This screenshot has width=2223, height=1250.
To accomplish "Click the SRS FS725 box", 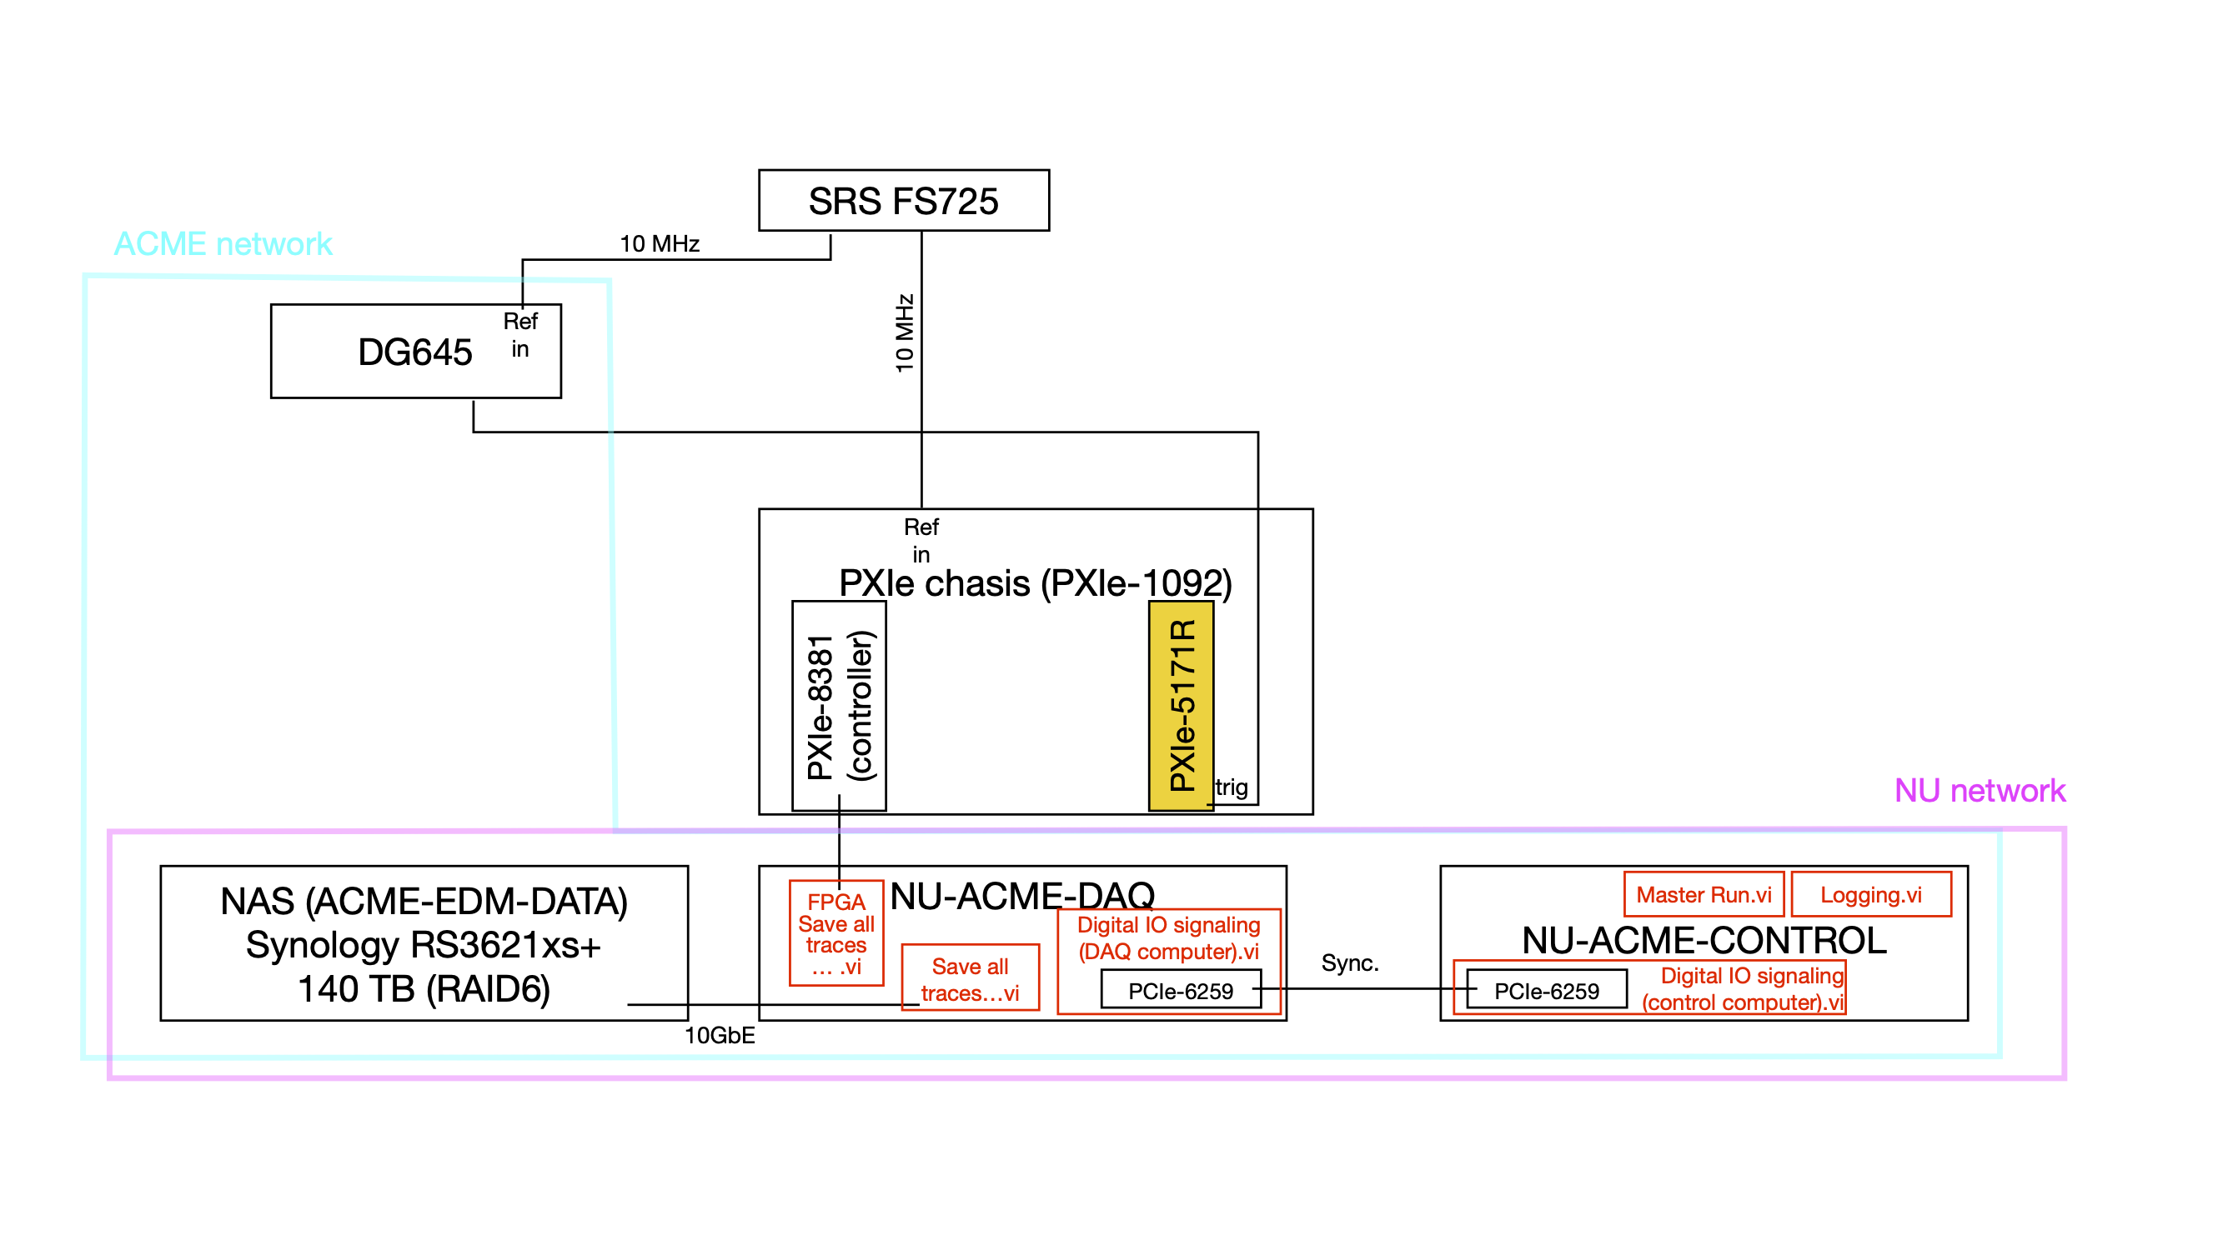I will point(904,200).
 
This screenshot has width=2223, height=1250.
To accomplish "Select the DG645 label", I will point(414,352).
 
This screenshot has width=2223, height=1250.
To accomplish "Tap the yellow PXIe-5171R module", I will point(1181,705).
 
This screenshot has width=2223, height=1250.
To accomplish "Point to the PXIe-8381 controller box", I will point(839,706).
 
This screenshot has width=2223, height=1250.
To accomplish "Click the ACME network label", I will point(223,244).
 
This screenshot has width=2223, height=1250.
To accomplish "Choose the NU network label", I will point(1979,790).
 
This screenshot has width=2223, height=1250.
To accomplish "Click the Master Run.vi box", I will point(1703,894).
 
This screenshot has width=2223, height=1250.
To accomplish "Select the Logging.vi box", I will point(1870,894).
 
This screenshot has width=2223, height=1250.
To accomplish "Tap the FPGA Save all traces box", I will point(836,933).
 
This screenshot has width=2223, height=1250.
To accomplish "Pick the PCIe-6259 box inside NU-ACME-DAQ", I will point(1180,990).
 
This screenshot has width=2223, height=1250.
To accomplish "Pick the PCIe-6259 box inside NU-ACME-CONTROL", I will point(1546,990).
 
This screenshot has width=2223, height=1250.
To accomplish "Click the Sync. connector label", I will point(1350,962).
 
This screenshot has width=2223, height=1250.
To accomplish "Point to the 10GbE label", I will point(719,1035).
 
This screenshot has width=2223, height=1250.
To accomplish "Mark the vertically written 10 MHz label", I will point(904,333).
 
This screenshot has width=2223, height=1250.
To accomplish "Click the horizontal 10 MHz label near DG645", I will point(660,244).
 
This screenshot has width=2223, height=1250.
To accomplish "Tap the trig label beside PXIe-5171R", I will point(1232,787).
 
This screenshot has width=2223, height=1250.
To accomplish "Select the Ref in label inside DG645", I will point(519,335).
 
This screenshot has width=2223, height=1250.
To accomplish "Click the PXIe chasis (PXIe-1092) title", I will point(1035,583).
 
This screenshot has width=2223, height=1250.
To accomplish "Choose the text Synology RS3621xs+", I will point(423,946).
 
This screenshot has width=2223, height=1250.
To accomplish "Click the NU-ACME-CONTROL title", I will point(1704,940).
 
